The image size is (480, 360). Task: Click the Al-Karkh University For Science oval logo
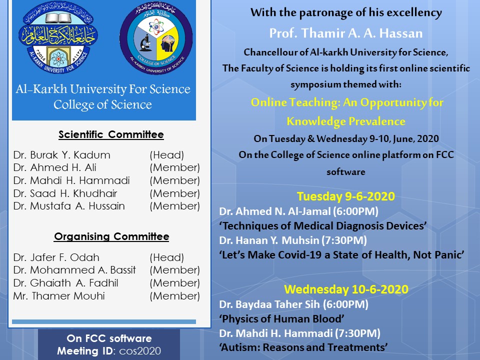tap(58, 37)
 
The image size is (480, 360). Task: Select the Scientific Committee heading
tap(111, 134)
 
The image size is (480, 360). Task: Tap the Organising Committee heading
tap(111, 236)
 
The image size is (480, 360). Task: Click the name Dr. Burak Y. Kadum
tap(62, 155)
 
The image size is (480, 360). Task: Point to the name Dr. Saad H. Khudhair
tap(65, 193)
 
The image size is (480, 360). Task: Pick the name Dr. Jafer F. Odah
tap(56, 257)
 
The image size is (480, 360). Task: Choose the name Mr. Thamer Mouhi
tap(59, 295)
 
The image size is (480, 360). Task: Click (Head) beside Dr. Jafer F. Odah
tap(167, 257)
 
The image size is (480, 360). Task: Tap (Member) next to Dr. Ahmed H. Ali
tap(175, 168)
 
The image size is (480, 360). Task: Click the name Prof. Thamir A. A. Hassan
tap(346, 33)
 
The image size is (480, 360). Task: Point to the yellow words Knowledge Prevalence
tap(346, 121)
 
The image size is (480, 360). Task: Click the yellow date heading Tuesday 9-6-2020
tap(346, 196)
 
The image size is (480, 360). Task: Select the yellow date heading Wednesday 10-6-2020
tap(346, 289)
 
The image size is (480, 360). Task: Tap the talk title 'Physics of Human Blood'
tap(281, 318)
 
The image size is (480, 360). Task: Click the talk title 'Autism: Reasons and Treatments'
tap(303, 347)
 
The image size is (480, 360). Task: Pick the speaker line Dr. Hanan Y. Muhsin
tap(293, 240)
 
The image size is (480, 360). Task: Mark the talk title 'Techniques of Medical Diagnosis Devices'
tap(323, 226)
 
